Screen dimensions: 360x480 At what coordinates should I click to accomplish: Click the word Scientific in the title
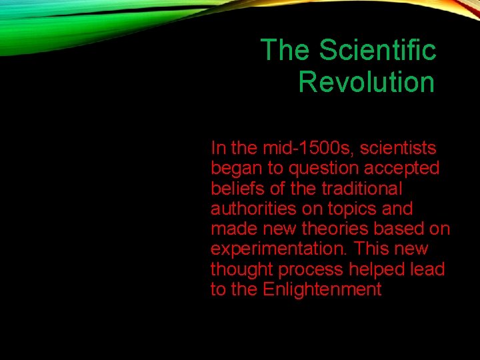pyautogui.click(x=377, y=50)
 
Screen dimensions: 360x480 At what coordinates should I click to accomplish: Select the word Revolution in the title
pyautogui.click(x=366, y=83)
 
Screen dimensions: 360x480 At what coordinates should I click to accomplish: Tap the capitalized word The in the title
pyautogui.click(x=283, y=50)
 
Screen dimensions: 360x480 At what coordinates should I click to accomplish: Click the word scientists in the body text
pyautogui.click(x=398, y=147)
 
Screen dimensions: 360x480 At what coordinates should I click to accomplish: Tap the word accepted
pyautogui.click(x=402, y=168)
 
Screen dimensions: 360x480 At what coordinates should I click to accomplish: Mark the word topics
pyautogui.click(x=355, y=209)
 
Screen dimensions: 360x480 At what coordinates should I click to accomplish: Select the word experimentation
pyautogui.click(x=280, y=249)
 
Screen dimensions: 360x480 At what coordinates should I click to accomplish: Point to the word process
pyautogui.click(x=309, y=269)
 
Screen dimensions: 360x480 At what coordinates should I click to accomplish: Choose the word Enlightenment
pyautogui.click(x=322, y=289)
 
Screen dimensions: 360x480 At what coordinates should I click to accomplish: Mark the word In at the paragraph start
pyautogui.click(x=218, y=147)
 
